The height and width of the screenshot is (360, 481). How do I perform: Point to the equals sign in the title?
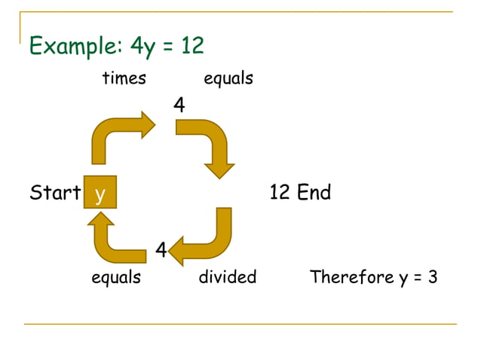167,47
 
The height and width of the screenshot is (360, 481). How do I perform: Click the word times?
124,78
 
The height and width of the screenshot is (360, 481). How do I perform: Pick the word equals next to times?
228,79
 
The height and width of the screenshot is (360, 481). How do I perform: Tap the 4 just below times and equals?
179,105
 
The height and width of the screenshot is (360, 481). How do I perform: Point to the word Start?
55,193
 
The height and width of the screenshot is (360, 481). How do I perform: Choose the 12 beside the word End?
280,193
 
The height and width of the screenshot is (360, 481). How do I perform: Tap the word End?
314,193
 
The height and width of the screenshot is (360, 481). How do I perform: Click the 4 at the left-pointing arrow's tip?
161,249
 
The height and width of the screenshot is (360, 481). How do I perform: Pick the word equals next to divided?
116,278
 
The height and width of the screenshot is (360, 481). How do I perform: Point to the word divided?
228,277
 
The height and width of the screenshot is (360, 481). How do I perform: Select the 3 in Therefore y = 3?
433,277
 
